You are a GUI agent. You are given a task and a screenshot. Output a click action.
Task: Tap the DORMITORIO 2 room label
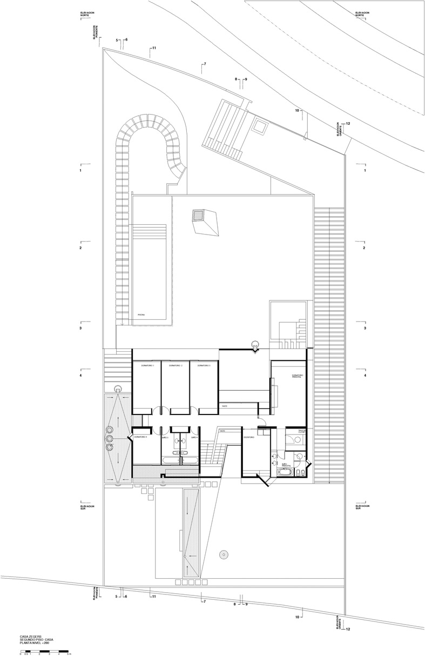click(x=176, y=366)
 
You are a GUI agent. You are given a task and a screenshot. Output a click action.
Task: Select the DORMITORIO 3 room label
click(x=204, y=366)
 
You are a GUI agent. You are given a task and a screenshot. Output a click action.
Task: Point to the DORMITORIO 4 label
click(x=141, y=437)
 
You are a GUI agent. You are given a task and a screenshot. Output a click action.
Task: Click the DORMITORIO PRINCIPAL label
click(x=299, y=376)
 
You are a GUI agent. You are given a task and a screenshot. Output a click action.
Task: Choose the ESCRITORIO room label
click(x=249, y=437)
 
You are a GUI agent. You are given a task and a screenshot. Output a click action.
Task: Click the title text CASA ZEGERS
click(x=31, y=637)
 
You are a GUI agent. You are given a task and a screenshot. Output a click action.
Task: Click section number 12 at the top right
click(x=348, y=124)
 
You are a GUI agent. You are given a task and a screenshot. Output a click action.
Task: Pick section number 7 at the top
click(x=205, y=65)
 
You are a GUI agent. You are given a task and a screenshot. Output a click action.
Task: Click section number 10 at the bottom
click(x=298, y=617)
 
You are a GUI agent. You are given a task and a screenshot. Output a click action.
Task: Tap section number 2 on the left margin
click(x=80, y=248)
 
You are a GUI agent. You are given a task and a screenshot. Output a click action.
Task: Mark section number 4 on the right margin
click(x=365, y=376)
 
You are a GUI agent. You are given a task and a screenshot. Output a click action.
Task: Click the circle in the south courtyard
click(x=222, y=553)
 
